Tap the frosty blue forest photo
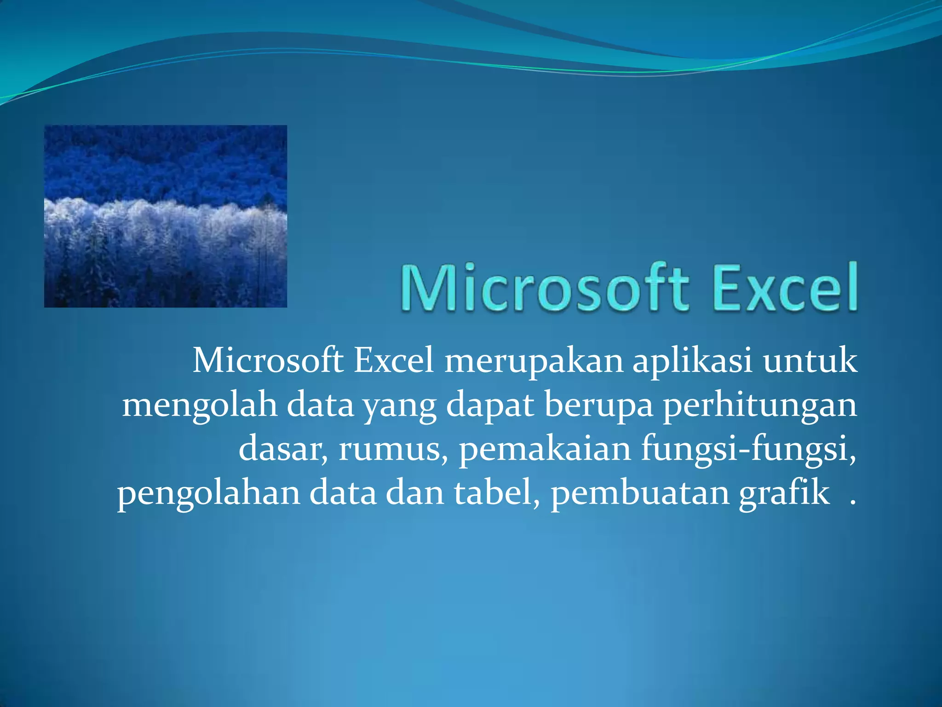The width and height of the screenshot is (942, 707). pyautogui.click(x=166, y=216)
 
